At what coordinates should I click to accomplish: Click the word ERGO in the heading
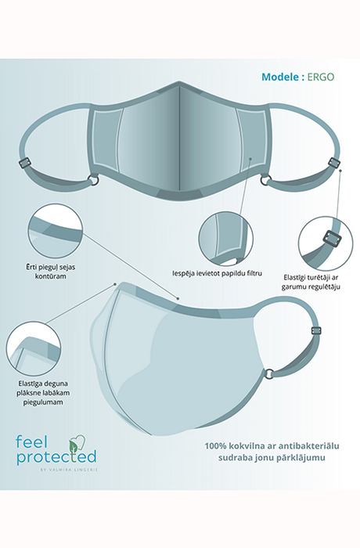tap(321, 77)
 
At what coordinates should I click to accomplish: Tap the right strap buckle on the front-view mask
tap(333, 161)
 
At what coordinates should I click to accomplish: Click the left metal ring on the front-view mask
tap(93, 180)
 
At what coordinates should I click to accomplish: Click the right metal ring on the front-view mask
tap(265, 181)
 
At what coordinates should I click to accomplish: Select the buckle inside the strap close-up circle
tap(332, 241)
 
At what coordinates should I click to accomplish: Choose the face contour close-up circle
tap(56, 232)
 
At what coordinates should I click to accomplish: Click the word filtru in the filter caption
tap(254, 273)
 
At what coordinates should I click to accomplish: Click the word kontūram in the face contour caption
tap(51, 276)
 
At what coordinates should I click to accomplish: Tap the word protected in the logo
tap(56, 456)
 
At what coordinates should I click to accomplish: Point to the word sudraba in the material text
tap(232, 457)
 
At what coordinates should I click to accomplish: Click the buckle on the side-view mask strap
tap(316, 331)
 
